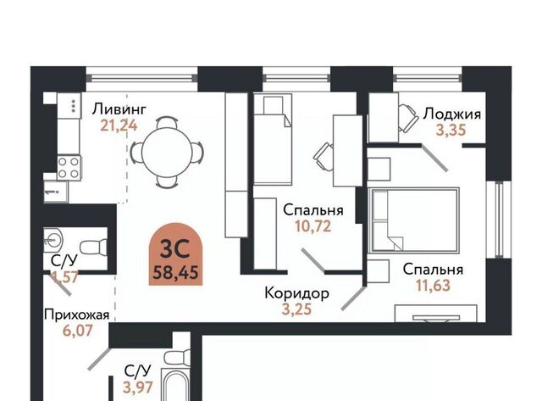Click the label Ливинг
click(x=119, y=109)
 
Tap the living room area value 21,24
click(x=119, y=125)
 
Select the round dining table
click(x=167, y=153)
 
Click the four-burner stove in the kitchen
click(x=69, y=168)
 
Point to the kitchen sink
click(x=56, y=192)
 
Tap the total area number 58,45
click(x=175, y=272)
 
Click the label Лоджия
click(x=451, y=114)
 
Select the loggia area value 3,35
click(x=451, y=130)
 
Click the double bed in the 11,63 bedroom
click(x=414, y=220)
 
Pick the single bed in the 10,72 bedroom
click(x=273, y=139)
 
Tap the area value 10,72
click(x=312, y=226)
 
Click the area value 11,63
click(x=433, y=286)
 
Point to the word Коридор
click(x=296, y=293)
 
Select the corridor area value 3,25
click(x=296, y=309)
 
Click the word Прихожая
click(x=77, y=315)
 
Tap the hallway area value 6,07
click(x=78, y=331)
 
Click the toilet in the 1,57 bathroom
click(x=93, y=247)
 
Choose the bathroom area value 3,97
click(x=137, y=387)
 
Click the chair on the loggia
click(x=408, y=118)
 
